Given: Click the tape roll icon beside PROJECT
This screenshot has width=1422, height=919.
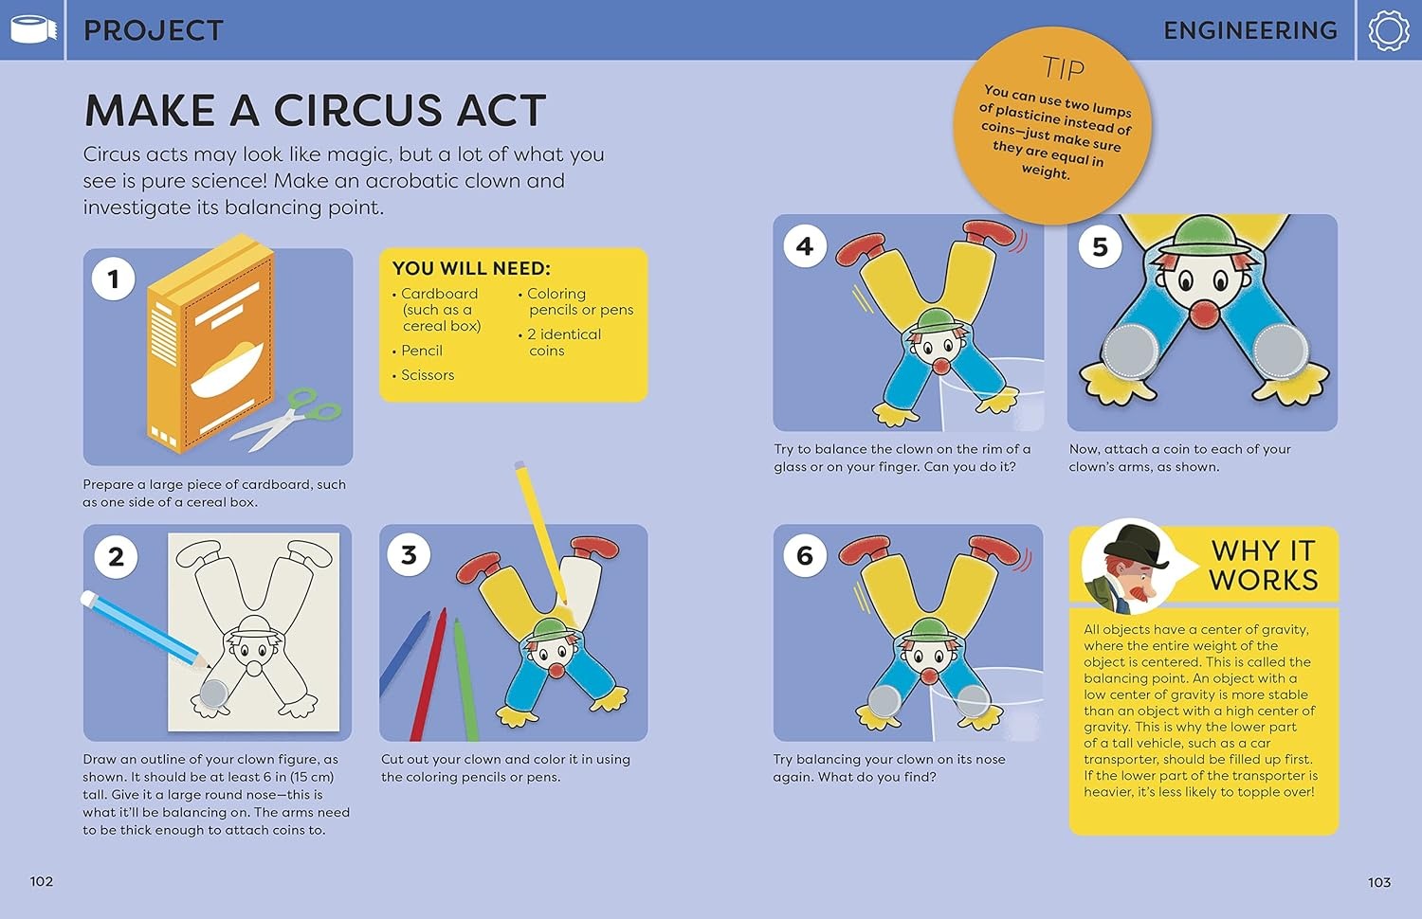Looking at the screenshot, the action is pos(33,29).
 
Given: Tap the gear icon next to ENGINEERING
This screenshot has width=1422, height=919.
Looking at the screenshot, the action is pos(1389,30).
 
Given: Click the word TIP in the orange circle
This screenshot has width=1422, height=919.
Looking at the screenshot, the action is pos(1064,68).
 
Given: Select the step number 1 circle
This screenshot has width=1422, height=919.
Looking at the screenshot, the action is pos(114,279).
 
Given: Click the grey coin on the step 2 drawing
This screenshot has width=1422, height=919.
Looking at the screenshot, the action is pos(214,694).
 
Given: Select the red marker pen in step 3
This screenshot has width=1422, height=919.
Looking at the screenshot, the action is pos(428,675).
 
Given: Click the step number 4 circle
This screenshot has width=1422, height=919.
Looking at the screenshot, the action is pos(805,246).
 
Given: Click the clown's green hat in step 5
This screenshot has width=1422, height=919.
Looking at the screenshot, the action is pos(1204,235).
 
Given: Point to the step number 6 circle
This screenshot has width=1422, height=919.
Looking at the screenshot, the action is pos(804,555).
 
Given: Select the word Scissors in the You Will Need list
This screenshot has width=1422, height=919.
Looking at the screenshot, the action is pos(428,375).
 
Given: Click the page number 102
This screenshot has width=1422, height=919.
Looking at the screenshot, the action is pos(42,881).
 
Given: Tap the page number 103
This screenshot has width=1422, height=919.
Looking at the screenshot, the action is pos(1378,882).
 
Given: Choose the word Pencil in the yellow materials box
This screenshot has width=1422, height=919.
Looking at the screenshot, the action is pos(422,351).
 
